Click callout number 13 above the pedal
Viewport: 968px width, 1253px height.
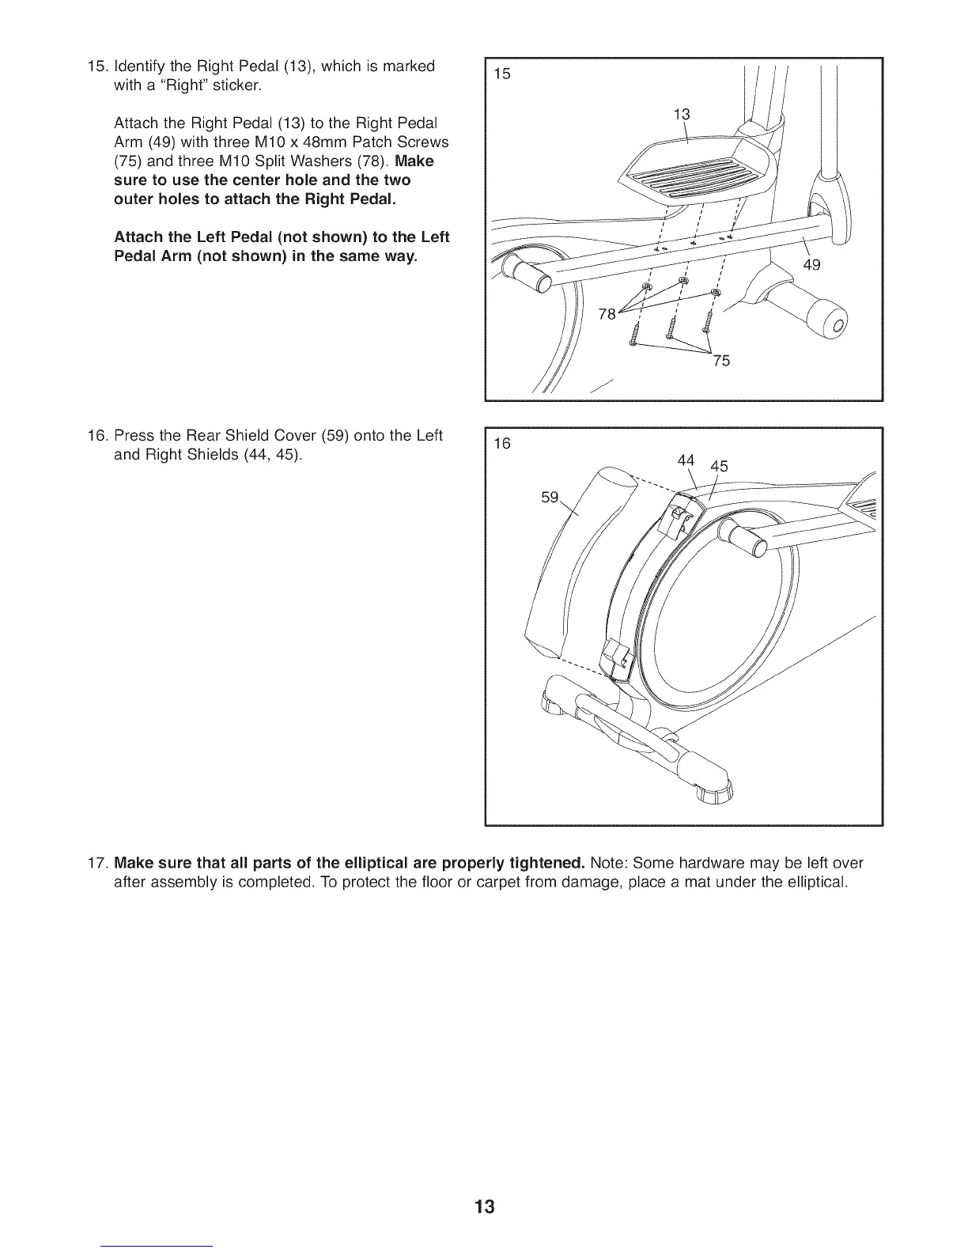(x=681, y=114)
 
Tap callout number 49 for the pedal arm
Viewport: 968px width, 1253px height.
(x=811, y=264)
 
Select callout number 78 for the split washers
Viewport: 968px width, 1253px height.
(x=607, y=314)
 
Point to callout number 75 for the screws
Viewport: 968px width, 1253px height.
(x=720, y=362)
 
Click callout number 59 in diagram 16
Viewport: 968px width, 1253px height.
(x=549, y=498)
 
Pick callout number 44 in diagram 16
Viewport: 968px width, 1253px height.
(x=686, y=460)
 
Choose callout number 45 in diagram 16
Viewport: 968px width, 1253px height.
(x=719, y=466)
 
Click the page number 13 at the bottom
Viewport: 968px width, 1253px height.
(x=485, y=1207)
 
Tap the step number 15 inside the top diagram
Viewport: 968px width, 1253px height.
(x=502, y=74)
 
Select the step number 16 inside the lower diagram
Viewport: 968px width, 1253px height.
(x=502, y=443)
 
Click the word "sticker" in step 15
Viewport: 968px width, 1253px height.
(x=234, y=85)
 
